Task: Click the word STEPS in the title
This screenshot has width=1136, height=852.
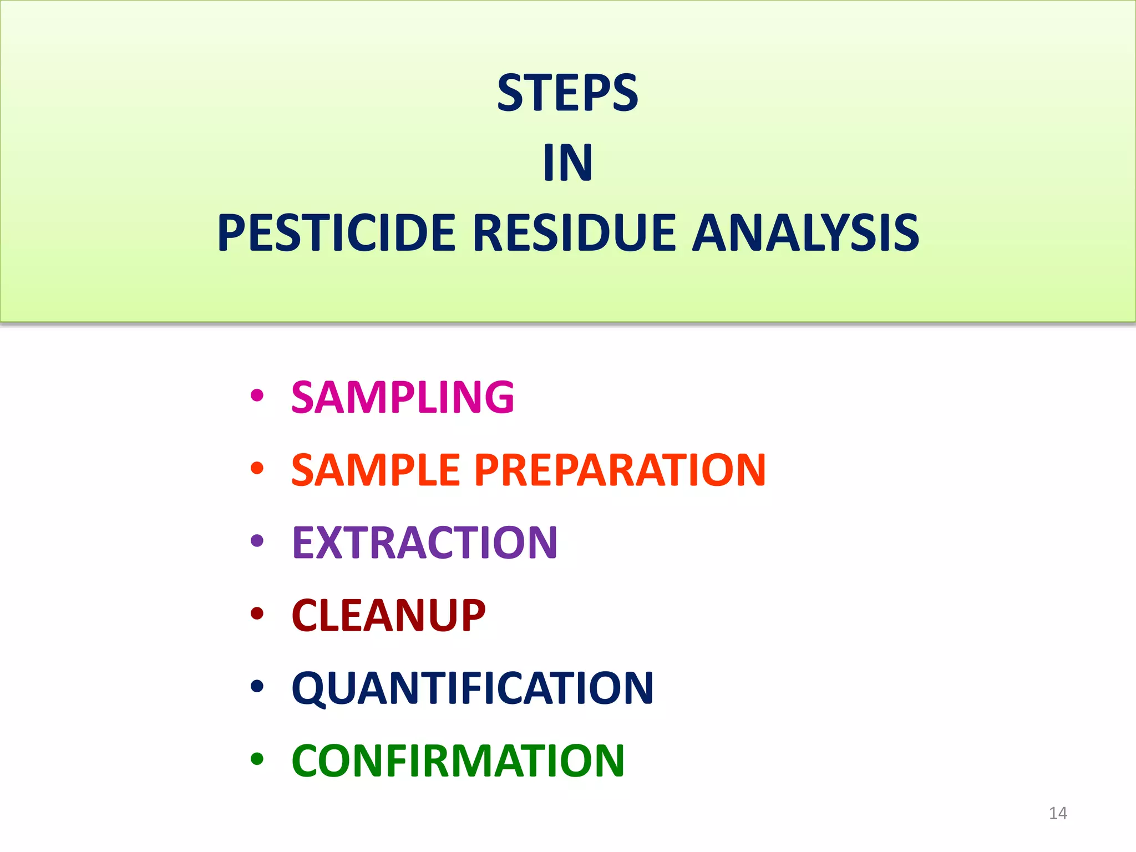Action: click(567, 93)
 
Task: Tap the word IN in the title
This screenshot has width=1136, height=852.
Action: click(568, 163)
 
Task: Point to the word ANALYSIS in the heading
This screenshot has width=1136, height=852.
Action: click(805, 233)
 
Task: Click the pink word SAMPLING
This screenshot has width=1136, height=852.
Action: click(403, 397)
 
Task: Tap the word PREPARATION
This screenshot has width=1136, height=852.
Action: click(620, 470)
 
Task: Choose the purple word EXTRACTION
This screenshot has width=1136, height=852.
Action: click(424, 542)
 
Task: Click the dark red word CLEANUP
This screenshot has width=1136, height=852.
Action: click(388, 615)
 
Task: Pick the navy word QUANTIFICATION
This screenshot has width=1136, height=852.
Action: click(473, 688)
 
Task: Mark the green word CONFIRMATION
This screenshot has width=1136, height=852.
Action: click(458, 760)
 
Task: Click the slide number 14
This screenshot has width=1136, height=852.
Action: click(1058, 813)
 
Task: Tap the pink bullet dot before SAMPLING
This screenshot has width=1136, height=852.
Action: click(257, 395)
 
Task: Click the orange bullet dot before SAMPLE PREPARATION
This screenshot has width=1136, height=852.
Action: click(257, 468)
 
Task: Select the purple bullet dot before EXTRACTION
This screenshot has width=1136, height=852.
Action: click(257, 540)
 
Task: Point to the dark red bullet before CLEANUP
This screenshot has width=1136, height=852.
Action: click(257, 613)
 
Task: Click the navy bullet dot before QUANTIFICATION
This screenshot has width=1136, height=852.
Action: click(257, 686)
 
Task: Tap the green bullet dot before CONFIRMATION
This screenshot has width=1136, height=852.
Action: click(257, 759)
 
